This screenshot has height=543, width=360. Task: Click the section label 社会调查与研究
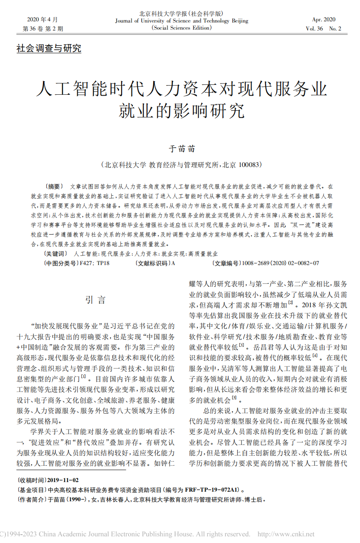click(x=49, y=48)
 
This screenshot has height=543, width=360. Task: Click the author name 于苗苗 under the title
click(x=181, y=149)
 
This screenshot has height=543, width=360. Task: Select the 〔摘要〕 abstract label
click(x=53, y=186)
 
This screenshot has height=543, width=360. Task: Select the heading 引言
click(x=96, y=300)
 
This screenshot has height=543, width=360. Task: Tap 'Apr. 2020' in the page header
click(x=324, y=20)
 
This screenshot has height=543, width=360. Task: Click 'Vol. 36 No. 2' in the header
click(x=323, y=29)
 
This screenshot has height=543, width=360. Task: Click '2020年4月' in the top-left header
click(x=43, y=20)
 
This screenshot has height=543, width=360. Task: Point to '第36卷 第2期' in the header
click(x=43, y=29)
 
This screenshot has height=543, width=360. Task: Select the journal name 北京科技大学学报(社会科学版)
click(x=181, y=13)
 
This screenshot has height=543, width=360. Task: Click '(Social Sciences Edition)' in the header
click(x=182, y=28)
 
